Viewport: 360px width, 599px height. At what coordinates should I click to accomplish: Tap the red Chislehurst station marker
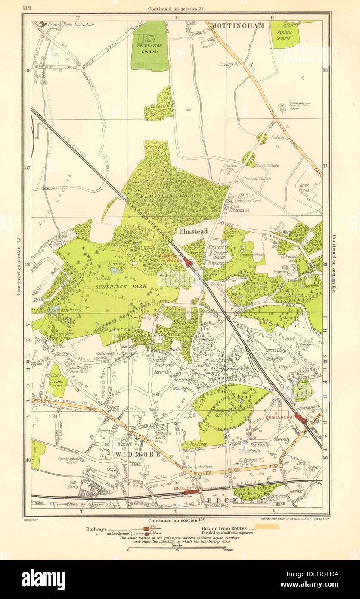(300, 418)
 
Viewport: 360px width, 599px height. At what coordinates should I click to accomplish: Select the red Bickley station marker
(192, 491)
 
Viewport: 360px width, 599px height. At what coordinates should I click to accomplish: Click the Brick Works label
(305, 188)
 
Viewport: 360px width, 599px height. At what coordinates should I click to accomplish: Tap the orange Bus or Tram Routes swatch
(267, 527)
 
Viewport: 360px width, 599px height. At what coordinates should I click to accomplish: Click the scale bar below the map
(177, 549)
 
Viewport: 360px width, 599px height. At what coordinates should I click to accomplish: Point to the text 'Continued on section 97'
(176, 9)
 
